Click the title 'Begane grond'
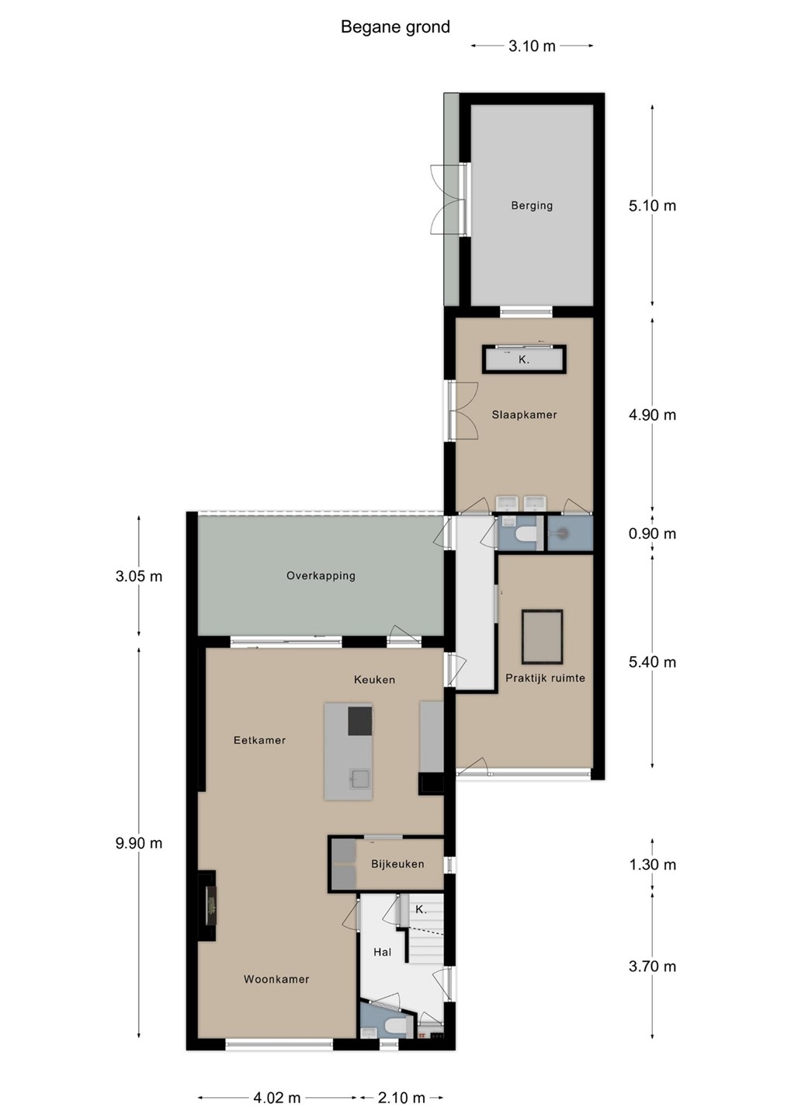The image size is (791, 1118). (x=395, y=27)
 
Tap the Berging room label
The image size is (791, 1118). (x=532, y=205)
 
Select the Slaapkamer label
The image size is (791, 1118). (x=524, y=415)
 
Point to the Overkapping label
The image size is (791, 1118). (x=321, y=575)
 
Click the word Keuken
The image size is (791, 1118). (x=374, y=679)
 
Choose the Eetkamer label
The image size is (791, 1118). (x=259, y=740)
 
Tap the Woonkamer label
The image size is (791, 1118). (x=276, y=979)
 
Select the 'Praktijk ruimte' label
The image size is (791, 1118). (x=545, y=678)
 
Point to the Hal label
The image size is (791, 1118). (x=382, y=952)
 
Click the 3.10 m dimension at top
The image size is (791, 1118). (x=532, y=46)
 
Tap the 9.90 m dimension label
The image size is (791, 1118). (x=139, y=843)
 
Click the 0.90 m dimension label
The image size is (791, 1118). (x=652, y=533)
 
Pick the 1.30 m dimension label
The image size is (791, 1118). (x=652, y=864)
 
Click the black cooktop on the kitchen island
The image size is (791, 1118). (x=360, y=720)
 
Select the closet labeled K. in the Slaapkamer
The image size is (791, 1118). (x=523, y=359)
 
